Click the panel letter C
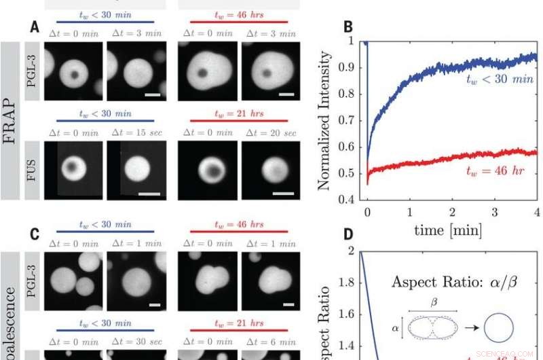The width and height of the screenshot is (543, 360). [35, 235]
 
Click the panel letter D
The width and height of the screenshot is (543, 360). [348, 235]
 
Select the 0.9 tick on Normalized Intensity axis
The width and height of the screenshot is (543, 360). [354, 68]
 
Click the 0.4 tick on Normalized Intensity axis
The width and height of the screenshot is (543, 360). [354, 200]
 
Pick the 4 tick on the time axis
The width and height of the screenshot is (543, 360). [536, 212]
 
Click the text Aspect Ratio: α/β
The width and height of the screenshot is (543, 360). [451, 281]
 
